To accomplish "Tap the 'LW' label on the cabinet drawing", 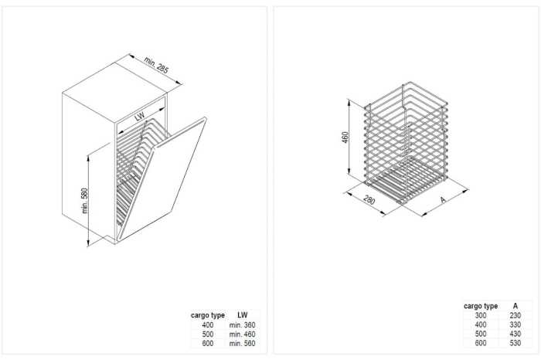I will [140, 117].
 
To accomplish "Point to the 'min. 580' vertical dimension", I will [86, 202].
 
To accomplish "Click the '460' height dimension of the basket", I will [345, 137].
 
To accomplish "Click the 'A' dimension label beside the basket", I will [443, 199].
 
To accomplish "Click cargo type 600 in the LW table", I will [207, 343].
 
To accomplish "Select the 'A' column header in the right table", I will [515, 306].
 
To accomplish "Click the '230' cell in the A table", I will [515, 315].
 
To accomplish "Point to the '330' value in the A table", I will [515, 324].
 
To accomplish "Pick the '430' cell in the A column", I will [515, 334].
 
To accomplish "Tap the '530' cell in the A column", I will [515, 343].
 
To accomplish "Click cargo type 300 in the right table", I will [480, 315].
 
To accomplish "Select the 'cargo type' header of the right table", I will [480, 306].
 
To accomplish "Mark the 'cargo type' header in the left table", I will [207, 315].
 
